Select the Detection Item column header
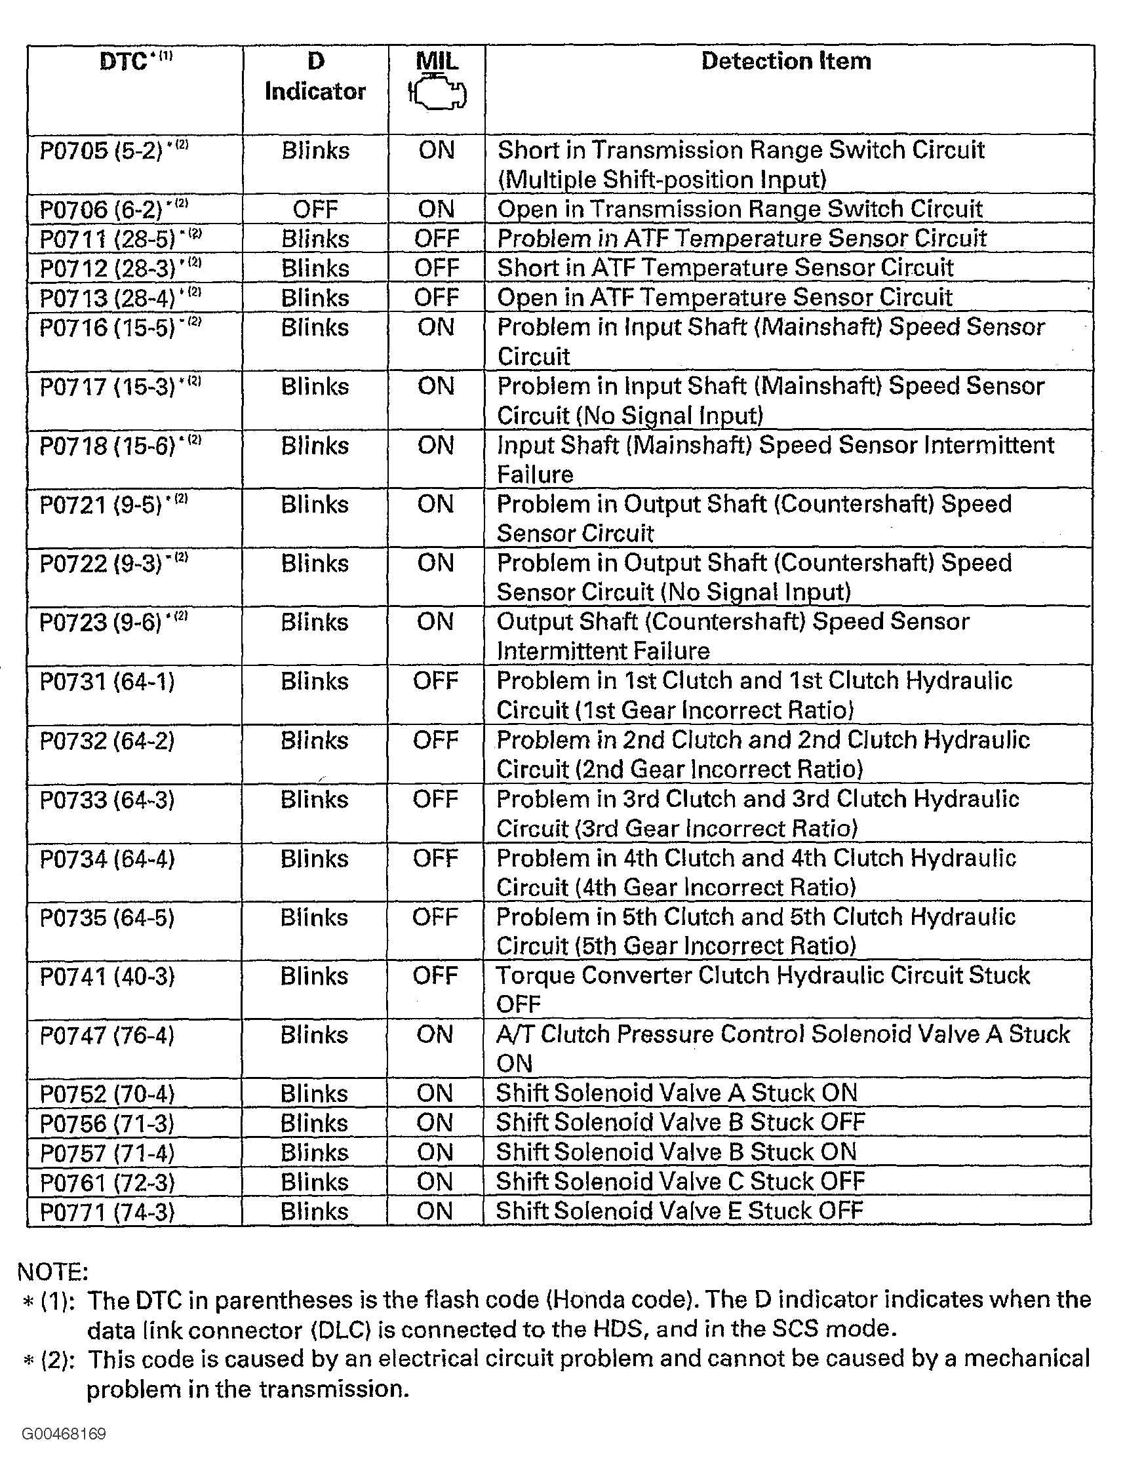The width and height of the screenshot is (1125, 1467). [786, 62]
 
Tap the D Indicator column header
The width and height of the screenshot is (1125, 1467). [315, 76]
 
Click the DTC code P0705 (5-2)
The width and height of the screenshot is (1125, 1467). [101, 151]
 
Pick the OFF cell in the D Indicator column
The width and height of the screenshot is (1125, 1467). [315, 210]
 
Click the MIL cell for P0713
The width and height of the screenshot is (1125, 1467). [437, 298]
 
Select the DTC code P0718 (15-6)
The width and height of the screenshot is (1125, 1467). [108, 446]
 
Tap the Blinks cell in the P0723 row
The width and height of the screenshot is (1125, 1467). [315, 623]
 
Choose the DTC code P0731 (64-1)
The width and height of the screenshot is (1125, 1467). [107, 682]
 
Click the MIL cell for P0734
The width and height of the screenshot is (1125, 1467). [436, 859]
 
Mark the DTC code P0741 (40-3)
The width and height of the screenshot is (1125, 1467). [107, 976]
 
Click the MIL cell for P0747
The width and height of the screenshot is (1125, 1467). [435, 1035]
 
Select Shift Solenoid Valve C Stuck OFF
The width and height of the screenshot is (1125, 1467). [681, 1182]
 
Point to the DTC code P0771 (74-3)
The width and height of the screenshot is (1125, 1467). [107, 1212]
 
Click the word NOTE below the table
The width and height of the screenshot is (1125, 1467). [52, 1272]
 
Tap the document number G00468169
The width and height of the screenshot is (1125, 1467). [64, 1434]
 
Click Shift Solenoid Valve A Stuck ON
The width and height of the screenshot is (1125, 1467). [677, 1093]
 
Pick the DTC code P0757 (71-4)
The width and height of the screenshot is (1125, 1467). [107, 1153]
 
